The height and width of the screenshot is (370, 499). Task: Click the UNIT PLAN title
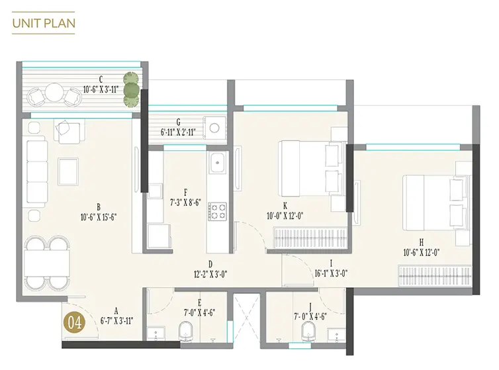click(x=44, y=23)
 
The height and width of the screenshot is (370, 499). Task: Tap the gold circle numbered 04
click(x=74, y=323)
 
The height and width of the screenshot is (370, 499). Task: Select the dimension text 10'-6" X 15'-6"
click(x=99, y=218)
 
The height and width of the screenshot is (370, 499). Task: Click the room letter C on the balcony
click(x=101, y=79)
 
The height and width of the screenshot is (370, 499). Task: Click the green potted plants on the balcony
click(x=132, y=89)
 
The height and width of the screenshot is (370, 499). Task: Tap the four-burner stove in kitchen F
click(x=218, y=211)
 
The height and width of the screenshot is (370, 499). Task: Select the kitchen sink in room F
click(x=218, y=162)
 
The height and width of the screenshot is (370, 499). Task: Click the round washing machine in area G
click(x=214, y=128)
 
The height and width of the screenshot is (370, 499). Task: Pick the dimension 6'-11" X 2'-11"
click(x=178, y=132)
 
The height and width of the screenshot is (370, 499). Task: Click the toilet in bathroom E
click(x=186, y=331)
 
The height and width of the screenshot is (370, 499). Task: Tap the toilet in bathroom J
click(x=308, y=331)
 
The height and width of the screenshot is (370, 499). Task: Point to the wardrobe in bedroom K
click(x=310, y=237)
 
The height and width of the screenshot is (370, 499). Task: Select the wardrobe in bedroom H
click(x=435, y=275)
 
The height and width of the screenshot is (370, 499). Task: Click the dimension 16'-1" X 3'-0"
click(x=331, y=273)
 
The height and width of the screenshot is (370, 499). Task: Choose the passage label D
click(x=210, y=264)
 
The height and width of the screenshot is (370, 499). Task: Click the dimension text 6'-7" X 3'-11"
click(x=116, y=320)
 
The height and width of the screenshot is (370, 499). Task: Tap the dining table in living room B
click(x=47, y=262)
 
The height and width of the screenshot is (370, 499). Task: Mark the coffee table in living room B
click(x=68, y=171)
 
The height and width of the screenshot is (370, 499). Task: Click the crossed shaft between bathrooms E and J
click(x=247, y=318)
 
